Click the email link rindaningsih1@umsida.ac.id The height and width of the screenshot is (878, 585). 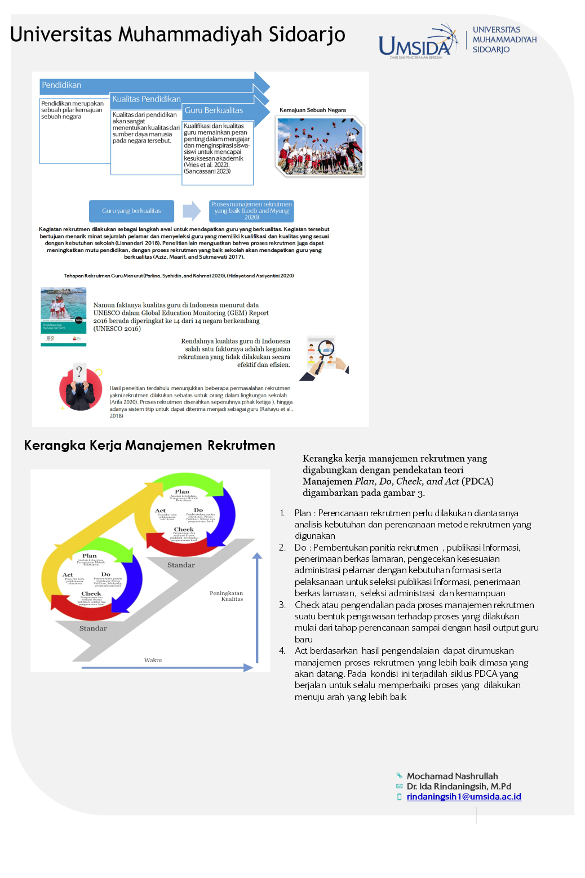pos(463,796)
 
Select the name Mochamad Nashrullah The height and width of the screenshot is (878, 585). pos(452,776)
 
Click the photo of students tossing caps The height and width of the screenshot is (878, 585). pos(320,146)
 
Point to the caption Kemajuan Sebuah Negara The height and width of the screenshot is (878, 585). pos(313,110)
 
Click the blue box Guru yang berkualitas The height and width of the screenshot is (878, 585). pos(131,211)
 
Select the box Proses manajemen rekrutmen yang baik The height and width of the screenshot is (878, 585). pos(251,211)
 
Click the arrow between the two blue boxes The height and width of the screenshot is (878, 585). pos(192,211)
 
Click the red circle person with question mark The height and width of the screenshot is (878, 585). pos(81,388)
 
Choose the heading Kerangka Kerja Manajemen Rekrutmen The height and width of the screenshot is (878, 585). pos(149,445)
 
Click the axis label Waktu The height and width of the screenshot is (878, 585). pos(153,660)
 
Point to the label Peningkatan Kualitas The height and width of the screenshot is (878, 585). pos(227,596)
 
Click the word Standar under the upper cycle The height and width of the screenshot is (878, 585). pos(181,565)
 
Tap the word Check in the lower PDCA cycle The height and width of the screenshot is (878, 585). pos(91,593)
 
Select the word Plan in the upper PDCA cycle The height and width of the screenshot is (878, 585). pos(182,491)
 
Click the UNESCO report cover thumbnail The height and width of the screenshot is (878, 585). pos(64,316)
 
